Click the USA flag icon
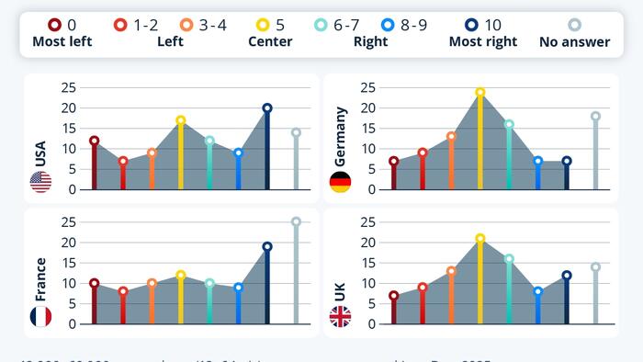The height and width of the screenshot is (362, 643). click(x=40, y=182)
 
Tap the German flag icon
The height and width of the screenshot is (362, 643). click(x=340, y=182)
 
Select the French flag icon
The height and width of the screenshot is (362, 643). click(x=40, y=317)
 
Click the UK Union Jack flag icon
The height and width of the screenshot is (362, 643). click(x=340, y=317)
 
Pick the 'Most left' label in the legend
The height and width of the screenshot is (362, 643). click(x=62, y=41)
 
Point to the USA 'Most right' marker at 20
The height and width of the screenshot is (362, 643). click(x=267, y=107)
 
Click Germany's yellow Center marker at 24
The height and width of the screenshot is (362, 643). click(x=480, y=92)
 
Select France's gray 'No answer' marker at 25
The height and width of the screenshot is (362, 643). click(x=296, y=221)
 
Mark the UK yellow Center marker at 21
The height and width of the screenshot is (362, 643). click(x=480, y=238)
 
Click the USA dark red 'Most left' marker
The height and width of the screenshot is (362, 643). click(x=94, y=141)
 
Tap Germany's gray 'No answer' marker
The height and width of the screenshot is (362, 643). click(x=595, y=116)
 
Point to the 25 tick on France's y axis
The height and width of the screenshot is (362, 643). click(x=68, y=221)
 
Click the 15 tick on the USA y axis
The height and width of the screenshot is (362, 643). click(x=68, y=128)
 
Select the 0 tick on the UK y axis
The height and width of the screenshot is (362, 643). click(x=371, y=323)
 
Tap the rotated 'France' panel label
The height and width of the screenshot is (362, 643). click(x=40, y=279)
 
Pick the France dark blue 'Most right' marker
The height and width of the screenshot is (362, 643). click(x=267, y=246)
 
